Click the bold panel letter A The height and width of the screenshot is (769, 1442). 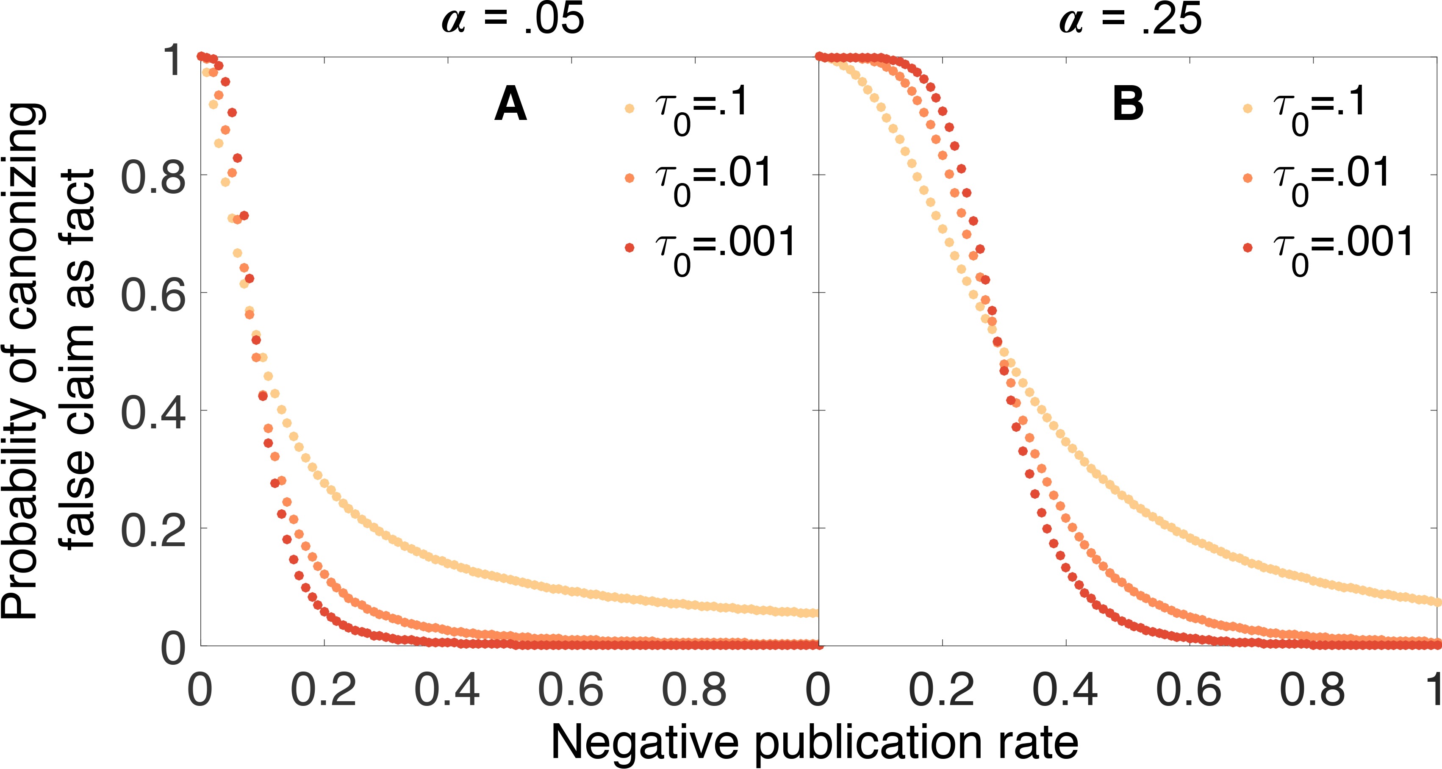coord(510,105)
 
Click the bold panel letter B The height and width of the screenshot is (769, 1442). coord(1127,105)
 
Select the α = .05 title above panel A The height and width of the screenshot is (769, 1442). coord(513,19)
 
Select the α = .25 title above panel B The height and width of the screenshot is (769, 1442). coord(1130,19)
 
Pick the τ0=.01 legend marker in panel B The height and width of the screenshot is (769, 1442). coord(1248,178)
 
